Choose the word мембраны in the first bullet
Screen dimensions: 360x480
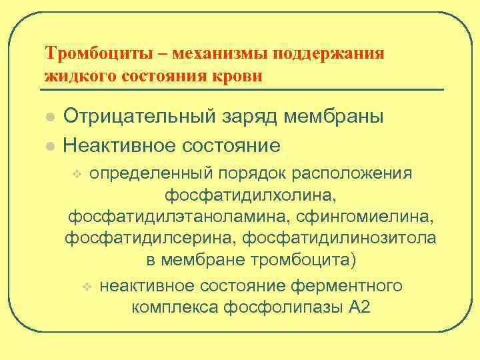coord(335,117)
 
